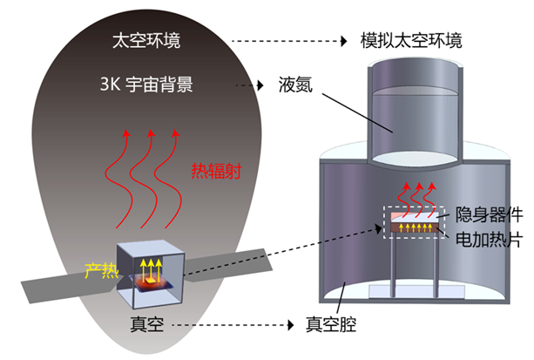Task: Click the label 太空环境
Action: [148, 41]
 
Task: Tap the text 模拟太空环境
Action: [411, 41]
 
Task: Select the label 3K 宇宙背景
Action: [146, 85]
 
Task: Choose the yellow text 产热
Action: [100, 270]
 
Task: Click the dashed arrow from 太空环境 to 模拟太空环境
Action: [287, 41]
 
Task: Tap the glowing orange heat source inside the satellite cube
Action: [149, 280]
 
